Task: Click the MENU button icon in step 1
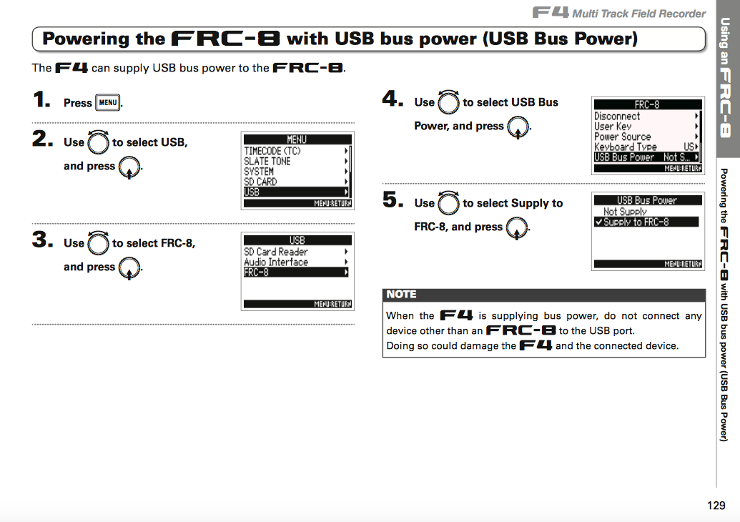tap(107, 102)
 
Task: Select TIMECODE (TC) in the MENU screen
tap(272, 151)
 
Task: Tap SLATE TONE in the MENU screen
tap(267, 162)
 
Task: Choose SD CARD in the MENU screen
tap(260, 182)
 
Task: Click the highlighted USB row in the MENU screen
tap(296, 192)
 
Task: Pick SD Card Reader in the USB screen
tap(275, 252)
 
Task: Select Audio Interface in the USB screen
tap(276, 262)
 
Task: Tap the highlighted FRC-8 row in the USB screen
tap(296, 272)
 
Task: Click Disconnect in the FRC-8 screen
tap(617, 116)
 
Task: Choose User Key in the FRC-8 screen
tap(613, 127)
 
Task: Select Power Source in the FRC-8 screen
tap(623, 137)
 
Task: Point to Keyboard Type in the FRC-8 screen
tap(626, 147)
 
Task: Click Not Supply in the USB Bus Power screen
tap(625, 212)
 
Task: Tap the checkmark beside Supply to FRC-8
tap(598, 222)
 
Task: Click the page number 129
tap(716, 506)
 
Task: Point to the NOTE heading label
tap(401, 295)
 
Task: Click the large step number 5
tap(393, 200)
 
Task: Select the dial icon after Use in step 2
tap(98, 142)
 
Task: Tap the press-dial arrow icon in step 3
tap(129, 268)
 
